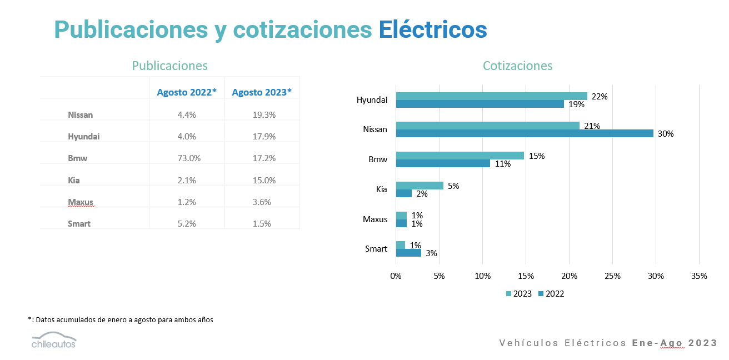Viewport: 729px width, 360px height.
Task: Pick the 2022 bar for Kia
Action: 403,193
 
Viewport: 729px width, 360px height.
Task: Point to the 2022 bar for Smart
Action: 408,253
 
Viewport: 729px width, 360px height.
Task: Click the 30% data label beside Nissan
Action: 666,134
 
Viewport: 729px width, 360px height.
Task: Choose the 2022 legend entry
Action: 551,294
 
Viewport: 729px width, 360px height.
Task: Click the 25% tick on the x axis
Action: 612,276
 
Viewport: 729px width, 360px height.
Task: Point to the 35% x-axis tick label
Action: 699,276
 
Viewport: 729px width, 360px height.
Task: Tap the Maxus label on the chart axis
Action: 375,219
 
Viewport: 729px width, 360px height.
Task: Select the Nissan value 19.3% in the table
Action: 262,115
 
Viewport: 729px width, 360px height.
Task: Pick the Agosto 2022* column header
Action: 187,92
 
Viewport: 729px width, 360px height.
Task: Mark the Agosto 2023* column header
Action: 262,92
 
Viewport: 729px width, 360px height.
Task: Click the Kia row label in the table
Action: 74,180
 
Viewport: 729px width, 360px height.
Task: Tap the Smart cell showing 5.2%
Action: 187,224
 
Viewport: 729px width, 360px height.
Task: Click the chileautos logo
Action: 53,340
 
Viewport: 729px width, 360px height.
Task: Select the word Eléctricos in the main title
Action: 433,29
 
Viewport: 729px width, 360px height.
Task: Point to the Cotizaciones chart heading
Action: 517,66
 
